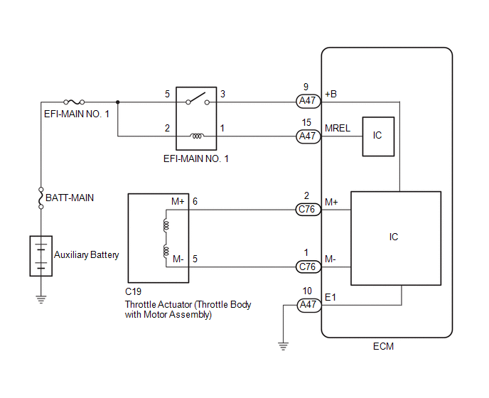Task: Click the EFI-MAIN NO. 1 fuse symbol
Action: coord(74,102)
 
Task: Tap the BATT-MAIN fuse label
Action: coord(70,198)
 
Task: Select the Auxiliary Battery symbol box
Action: coord(41,256)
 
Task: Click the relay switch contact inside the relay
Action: coord(198,99)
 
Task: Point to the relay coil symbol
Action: coord(197,136)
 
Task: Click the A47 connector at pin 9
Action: coord(308,101)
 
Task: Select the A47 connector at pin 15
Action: coord(308,136)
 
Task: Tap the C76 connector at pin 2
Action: coord(308,209)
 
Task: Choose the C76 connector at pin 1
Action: coord(308,267)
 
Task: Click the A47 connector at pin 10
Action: coord(308,305)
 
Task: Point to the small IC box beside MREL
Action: coord(378,136)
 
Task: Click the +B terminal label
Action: coord(331,94)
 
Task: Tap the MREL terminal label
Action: coord(338,128)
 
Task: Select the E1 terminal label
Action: coord(331,297)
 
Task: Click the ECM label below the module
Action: coord(383,346)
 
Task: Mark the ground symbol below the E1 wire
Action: coord(283,346)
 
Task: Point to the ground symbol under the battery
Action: coord(41,299)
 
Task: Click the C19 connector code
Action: coord(133,291)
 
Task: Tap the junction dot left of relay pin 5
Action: coord(117,102)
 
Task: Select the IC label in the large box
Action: coord(394,237)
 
